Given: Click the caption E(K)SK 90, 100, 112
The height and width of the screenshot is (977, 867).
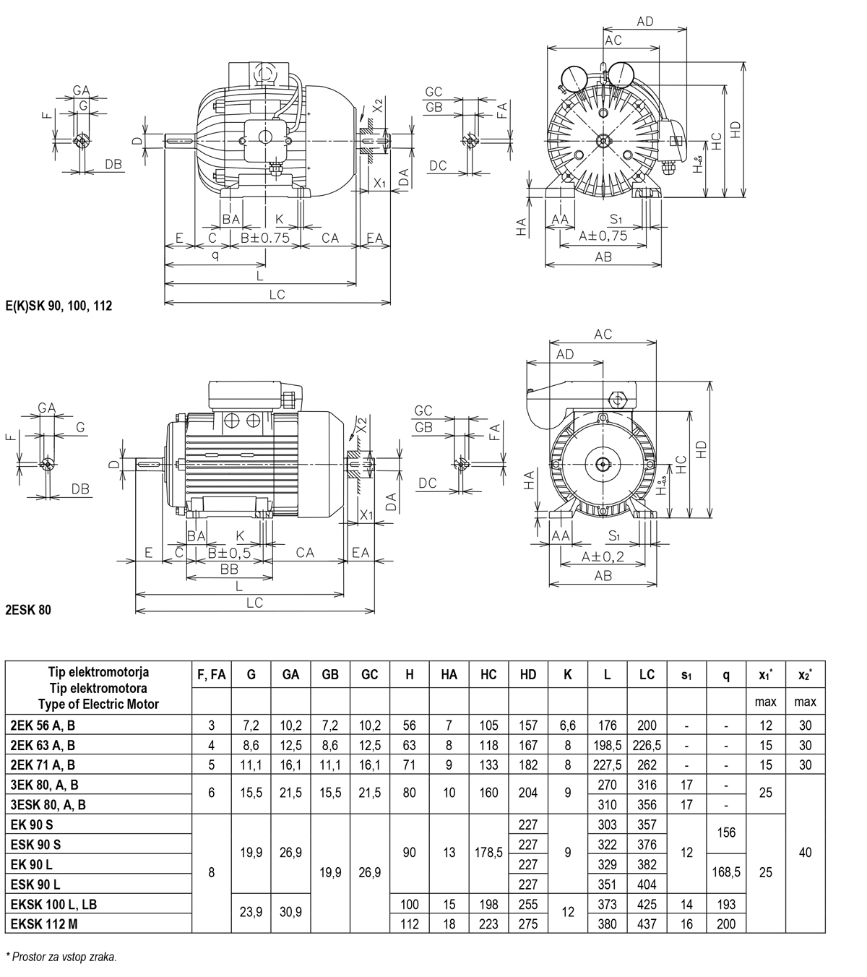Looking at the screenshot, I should (59, 306).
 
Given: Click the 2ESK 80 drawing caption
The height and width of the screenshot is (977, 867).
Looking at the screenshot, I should (28, 610).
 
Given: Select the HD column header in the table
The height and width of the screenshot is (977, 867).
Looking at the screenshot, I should (528, 675).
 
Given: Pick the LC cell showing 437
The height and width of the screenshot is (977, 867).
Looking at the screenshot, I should (647, 924).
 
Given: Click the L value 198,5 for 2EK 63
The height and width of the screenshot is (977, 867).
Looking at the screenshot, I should (607, 745).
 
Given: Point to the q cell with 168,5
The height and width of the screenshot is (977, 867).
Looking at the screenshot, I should (726, 872).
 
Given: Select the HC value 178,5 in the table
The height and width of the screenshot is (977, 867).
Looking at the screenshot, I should (488, 853).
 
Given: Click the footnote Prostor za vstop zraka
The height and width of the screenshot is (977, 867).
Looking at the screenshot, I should (62, 957).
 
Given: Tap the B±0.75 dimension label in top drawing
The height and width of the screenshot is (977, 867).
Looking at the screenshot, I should (265, 238).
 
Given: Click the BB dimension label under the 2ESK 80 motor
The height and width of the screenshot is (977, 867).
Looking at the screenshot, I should (229, 570).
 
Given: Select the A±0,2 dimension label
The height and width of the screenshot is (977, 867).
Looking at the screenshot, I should (603, 557).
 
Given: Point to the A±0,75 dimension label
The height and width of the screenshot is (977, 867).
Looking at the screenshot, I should (603, 236).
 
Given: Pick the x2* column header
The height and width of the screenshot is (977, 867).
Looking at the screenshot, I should (805, 675).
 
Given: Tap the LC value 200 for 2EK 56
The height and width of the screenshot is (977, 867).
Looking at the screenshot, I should (647, 726).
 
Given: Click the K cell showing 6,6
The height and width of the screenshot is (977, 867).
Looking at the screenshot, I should (568, 726).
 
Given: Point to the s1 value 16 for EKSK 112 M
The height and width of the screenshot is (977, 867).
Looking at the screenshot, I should (686, 924).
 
